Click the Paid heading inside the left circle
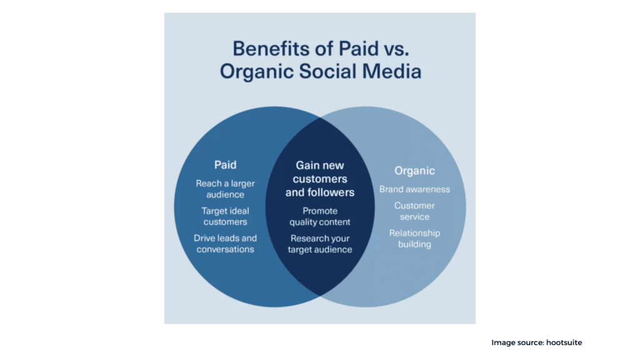[x=225, y=165]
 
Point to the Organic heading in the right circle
[x=414, y=171]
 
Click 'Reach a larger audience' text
[x=225, y=189]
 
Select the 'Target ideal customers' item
[x=225, y=216]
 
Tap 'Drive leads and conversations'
[x=225, y=244]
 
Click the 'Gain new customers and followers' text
[x=320, y=179]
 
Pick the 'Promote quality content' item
[x=320, y=216]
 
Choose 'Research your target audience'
[x=320, y=244]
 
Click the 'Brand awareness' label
[x=415, y=189]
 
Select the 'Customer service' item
[x=414, y=211]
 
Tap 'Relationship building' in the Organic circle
[x=415, y=238]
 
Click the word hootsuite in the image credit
[x=564, y=342]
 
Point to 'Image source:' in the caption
[x=517, y=343]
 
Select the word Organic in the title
[x=257, y=72]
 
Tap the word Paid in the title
[x=358, y=49]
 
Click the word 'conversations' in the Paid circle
[x=225, y=249]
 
